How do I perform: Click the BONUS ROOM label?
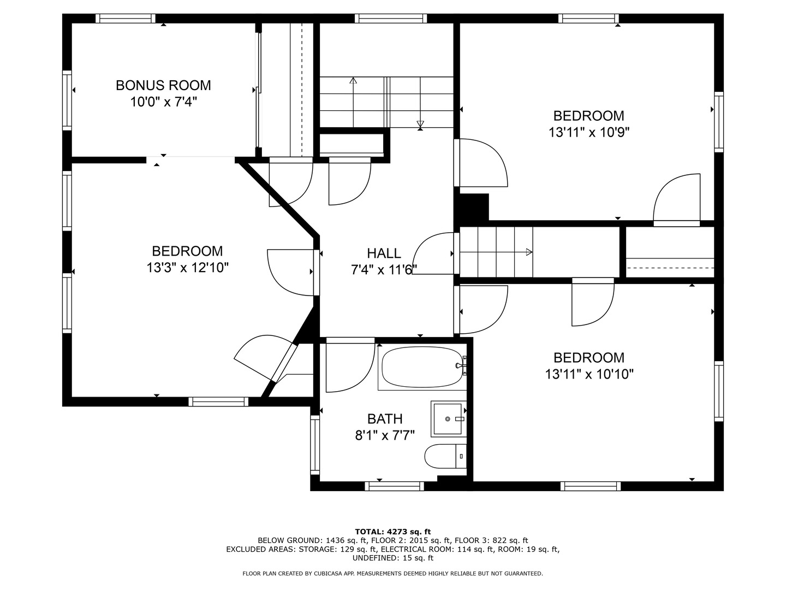(163, 85)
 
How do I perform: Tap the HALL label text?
(384, 253)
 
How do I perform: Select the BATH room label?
(385, 418)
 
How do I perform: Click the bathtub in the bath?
(422, 367)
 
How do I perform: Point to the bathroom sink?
(448, 419)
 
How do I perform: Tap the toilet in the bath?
(445, 456)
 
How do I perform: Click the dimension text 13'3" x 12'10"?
(187, 268)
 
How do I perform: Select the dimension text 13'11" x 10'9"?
(589, 133)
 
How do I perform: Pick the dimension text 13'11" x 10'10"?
(589, 374)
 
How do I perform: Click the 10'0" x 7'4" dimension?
(163, 102)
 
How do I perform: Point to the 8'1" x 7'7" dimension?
(385, 435)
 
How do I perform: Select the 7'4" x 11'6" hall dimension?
(384, 270)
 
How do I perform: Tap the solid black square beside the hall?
(471, 208)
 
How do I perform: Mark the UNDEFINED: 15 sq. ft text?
(393, 558)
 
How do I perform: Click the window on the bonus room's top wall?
(127, 18)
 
